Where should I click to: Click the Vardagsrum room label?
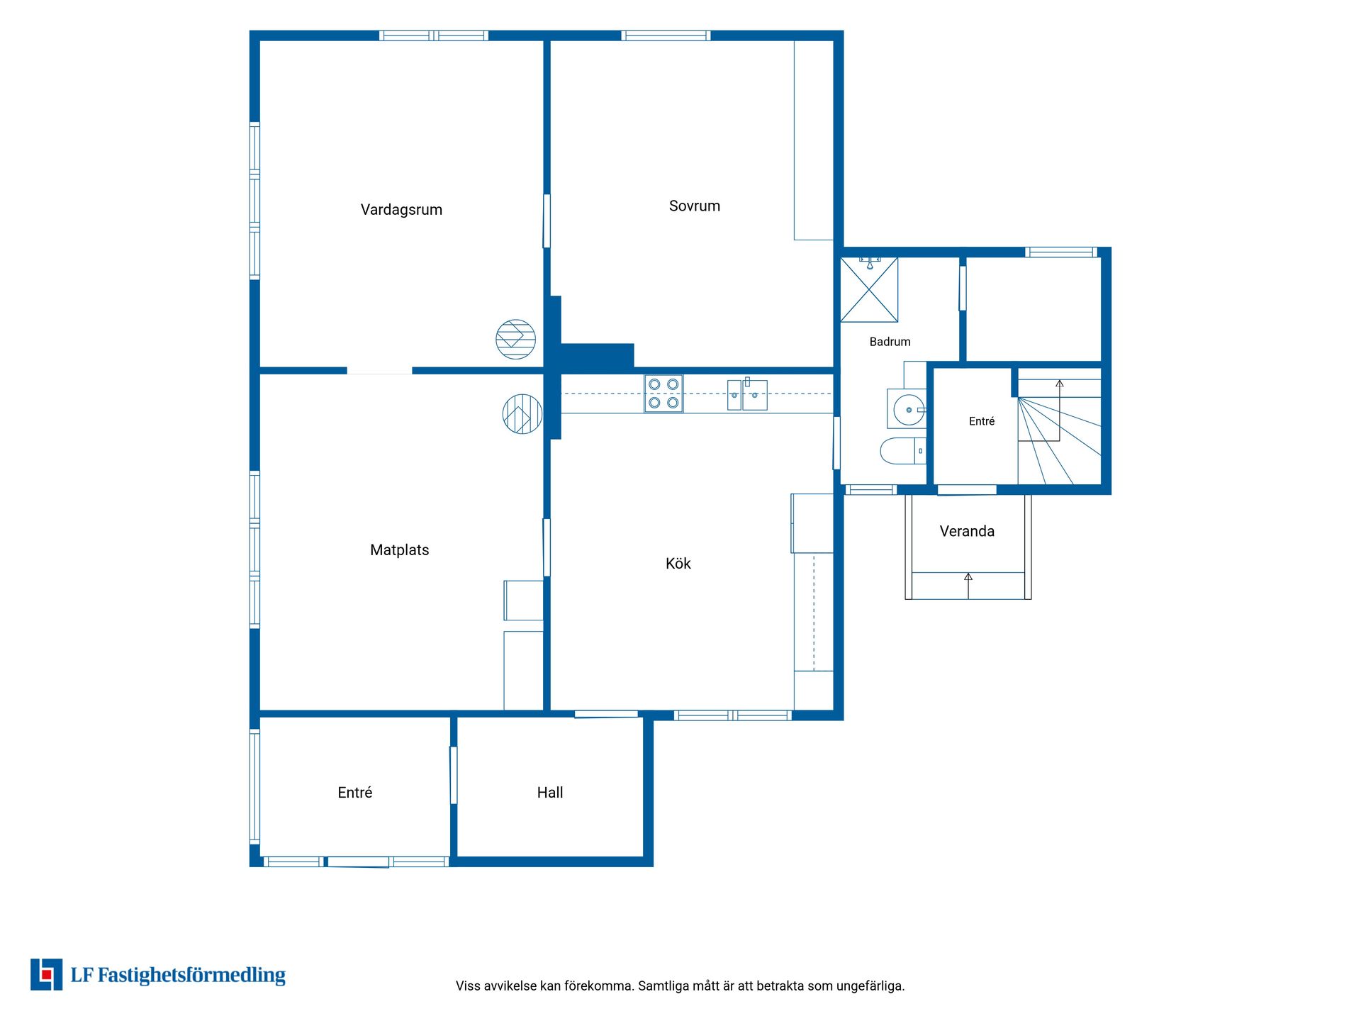[x=401, y=210]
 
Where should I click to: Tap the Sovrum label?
[x=695, y=206]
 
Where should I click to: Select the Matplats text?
[x=400, y=550]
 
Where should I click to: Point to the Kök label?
[x=678, y=564]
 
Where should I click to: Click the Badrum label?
[x=890, y=342]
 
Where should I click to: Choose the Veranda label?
[x=967, y=532]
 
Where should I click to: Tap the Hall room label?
[x=550, y=793]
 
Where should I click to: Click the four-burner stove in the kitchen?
[x=663, y=394]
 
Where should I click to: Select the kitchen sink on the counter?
[x=747, y=394]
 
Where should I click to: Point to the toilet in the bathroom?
[x=902, y=451]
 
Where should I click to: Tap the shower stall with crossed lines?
[x=869, y=289]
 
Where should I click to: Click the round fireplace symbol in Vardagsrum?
[x=515, y=339]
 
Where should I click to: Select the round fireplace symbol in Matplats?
[x=522, y=414]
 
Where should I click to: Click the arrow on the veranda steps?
[x=968, y=586]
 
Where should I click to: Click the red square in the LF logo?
[x=47, y=976]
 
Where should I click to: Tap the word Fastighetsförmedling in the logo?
[x=191, y=976]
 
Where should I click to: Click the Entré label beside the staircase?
[x=982, y=421]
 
